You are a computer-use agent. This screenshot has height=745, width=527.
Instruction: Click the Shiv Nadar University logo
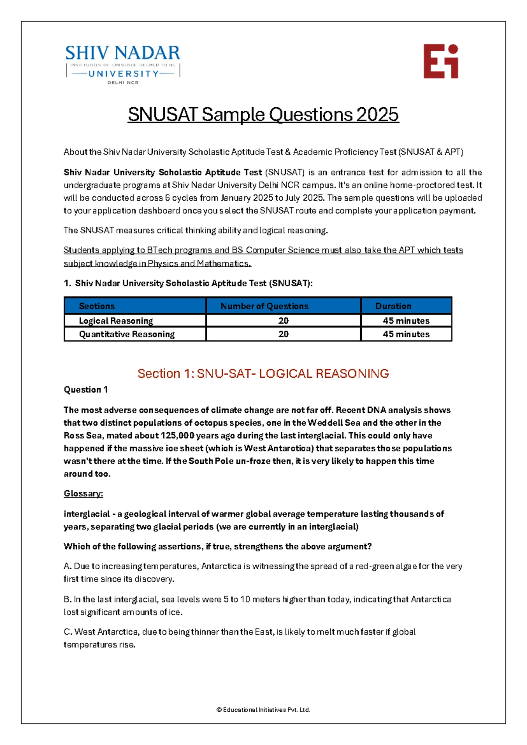pos(123,64)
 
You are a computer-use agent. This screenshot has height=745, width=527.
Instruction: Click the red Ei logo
pos(440,61)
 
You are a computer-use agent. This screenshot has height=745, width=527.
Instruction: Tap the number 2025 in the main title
pos(377,115)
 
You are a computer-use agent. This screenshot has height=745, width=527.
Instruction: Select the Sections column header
pos(97,306)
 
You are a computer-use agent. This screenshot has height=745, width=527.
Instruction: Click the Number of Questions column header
pos(264,306)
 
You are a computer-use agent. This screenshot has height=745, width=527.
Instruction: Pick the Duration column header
pos(393,306)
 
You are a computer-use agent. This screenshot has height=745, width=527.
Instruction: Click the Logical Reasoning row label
pos(116,321)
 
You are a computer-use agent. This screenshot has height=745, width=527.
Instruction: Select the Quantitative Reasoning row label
pos(126,334)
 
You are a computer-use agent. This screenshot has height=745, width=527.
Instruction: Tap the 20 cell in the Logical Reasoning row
pos(283,321)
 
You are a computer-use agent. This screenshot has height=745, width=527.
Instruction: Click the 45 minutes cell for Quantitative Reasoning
pos(406,334)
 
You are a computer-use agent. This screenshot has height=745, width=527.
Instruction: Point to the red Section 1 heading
pos(263,373)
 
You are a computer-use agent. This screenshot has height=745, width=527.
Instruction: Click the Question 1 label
pos(86,390)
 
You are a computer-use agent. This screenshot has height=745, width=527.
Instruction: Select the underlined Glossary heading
pos(83,493)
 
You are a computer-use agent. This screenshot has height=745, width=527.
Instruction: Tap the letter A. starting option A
pos(68,566)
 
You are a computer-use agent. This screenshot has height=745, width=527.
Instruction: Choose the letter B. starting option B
pos(68,599)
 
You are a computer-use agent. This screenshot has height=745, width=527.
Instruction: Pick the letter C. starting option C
pos(68,632)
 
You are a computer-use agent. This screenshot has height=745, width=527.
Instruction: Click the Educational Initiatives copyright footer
pos(263,709)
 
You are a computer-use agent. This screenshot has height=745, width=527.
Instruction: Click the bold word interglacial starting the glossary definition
pos(87,514)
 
